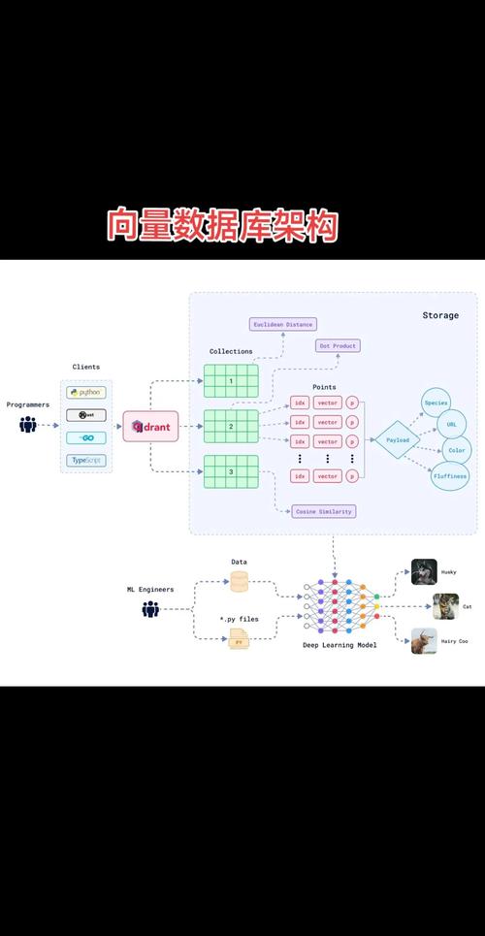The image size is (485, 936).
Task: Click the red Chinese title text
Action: pos(222,226)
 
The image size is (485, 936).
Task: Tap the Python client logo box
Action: pos(86,393)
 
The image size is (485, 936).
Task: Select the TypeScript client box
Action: pos(86,461)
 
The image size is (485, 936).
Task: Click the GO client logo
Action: pos(86,437)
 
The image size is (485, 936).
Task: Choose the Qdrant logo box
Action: pos(150,426)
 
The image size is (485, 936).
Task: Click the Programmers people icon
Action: pos(27,424)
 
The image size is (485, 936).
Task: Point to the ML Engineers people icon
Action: pos(150,609)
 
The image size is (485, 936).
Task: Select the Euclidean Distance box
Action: pos(283,324)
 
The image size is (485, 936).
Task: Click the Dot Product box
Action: pos(338,345)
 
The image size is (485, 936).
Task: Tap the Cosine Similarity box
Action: pos(323,511)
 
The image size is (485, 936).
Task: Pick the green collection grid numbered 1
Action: pos(231,381)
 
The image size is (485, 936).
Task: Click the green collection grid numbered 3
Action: pos(231,471)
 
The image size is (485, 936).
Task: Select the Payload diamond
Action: pos(398,439)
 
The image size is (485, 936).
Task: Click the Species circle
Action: pos(436,403)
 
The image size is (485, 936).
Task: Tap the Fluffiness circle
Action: pos(449,476)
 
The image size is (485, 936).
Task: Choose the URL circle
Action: pos(451,425)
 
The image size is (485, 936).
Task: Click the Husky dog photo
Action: pos(424,571)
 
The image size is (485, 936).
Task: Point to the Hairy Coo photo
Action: pos(424,641)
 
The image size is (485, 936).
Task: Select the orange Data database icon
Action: pos(239,582)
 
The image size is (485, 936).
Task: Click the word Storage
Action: pos(440,315)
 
